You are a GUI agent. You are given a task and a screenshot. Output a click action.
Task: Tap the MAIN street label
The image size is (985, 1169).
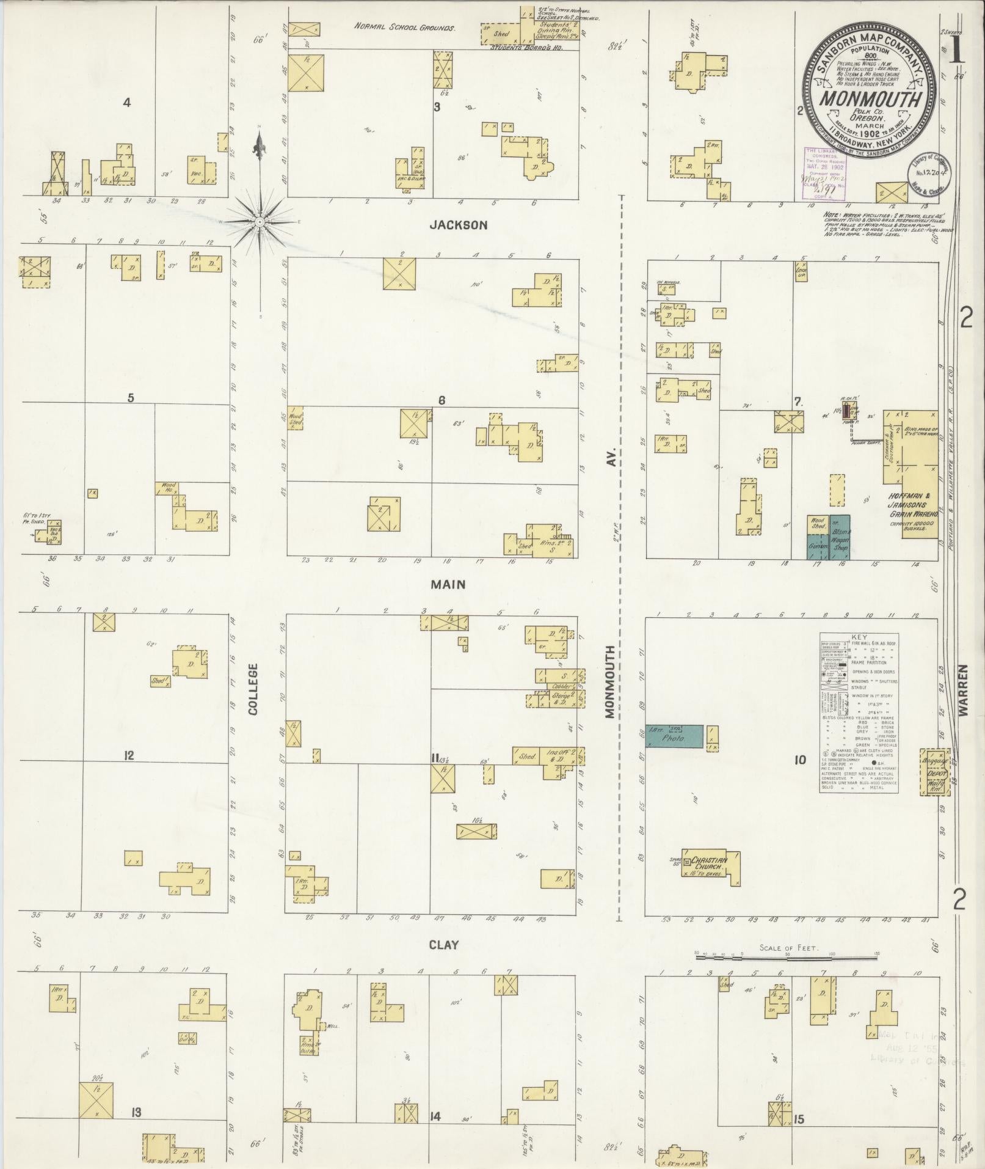[448, 585]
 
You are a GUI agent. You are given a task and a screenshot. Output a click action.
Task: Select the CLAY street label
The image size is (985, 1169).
[443, 945]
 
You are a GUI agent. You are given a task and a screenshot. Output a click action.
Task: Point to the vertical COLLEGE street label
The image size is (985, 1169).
[253, 689]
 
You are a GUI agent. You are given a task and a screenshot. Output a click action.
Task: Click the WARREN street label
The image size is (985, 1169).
[963, 690]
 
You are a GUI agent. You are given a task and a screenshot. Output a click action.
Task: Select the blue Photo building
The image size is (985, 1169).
[674, 737]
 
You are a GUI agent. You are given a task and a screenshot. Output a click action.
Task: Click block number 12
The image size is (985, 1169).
[128, 755]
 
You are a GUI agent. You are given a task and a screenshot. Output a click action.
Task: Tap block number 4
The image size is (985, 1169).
[126, 103]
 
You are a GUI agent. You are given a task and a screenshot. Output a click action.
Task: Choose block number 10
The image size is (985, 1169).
[799, 760]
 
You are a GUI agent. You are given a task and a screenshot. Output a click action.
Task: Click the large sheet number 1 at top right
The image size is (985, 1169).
[956, 51]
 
